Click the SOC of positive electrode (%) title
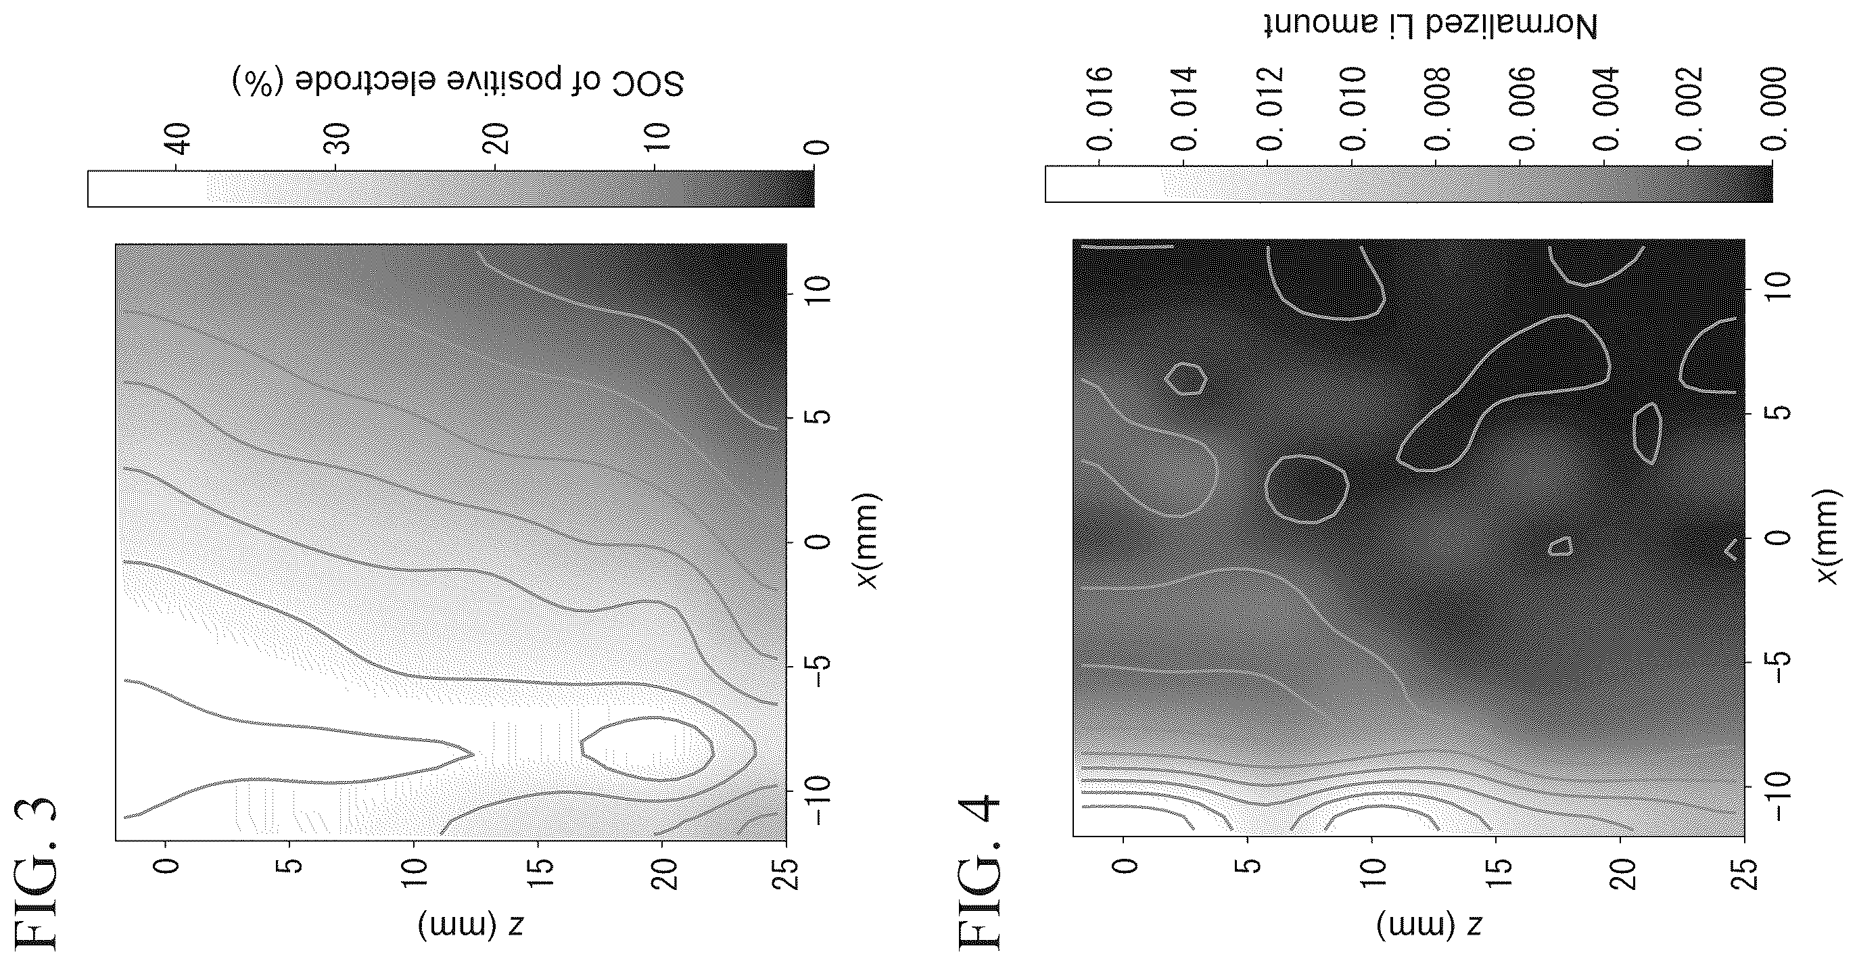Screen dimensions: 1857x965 (458, 81)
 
